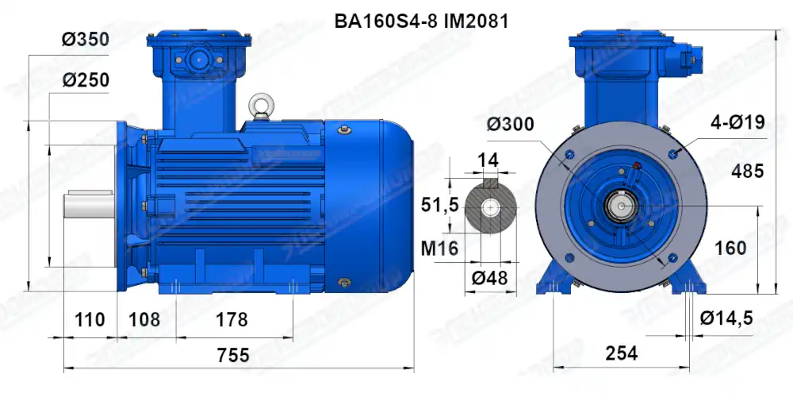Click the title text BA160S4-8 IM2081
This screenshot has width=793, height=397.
(x=421, y=21)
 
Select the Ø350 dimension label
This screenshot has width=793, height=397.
(x=85, y=39)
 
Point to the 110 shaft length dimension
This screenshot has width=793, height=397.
(x=90, y=320)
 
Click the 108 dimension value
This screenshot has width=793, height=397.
(x=144, y=320)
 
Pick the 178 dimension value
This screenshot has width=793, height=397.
(x=232, y=320)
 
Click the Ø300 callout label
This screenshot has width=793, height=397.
(x=509, y=125)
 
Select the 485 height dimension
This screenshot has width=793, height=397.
(x=747, y=171)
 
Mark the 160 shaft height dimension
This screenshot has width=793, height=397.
(x=730, y=248)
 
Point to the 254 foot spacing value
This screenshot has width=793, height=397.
(x=621, y=354)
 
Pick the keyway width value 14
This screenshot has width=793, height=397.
(x=488, y=160)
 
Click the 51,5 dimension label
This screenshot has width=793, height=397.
(x=439, y=206)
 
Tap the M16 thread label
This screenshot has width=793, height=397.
(x=439, y=249)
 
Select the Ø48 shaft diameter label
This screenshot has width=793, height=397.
(x=489, y=279)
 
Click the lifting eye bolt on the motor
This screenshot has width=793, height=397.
(x=259, y=106)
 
